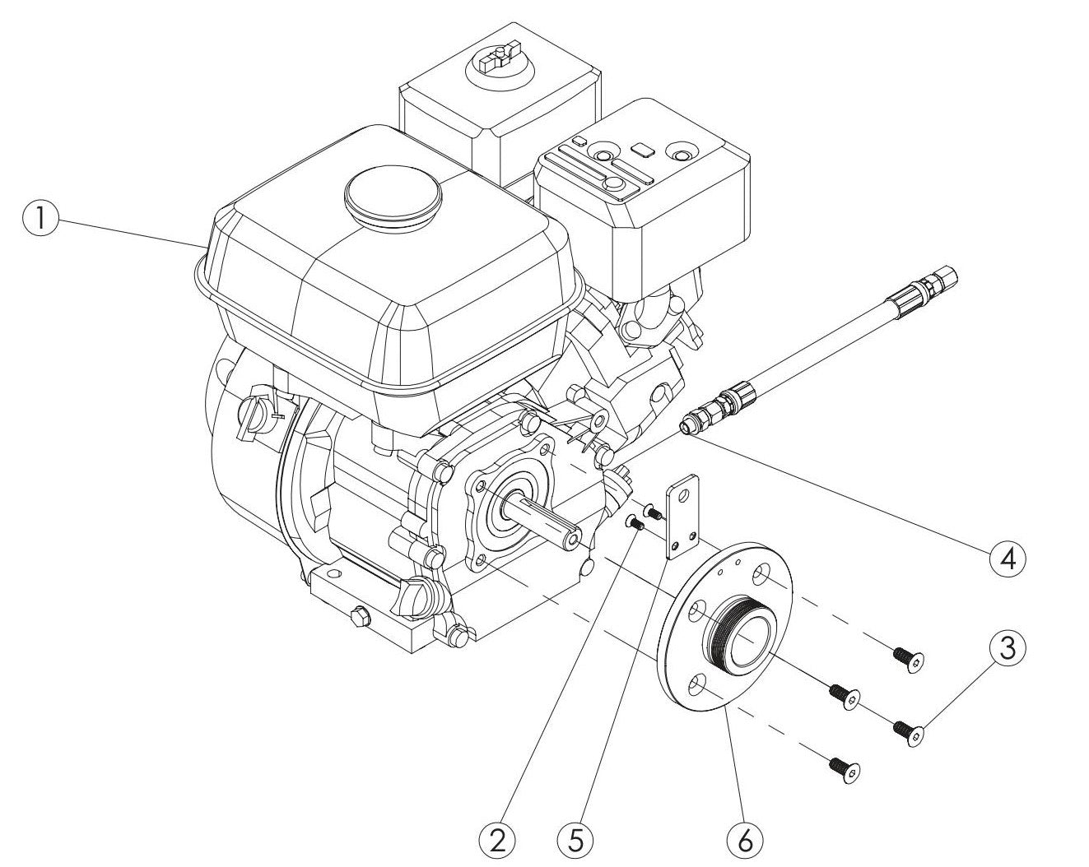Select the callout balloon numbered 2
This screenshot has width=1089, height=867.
pos(496,841)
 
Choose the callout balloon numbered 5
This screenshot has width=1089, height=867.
pos(575,841)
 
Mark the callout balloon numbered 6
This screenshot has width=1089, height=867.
pos(746,841)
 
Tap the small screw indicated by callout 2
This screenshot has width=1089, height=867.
pos(635,521)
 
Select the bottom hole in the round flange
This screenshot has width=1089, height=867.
pos(699,684)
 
